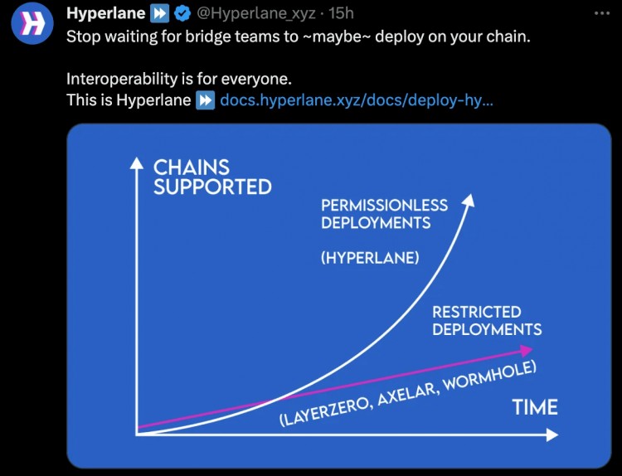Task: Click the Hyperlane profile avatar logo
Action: pos(32,23)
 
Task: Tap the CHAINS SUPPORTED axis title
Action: pos(212,177)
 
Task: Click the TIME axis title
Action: pos(534,407)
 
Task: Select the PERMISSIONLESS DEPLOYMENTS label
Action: pos(384,213)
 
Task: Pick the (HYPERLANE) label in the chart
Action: pos(370,258)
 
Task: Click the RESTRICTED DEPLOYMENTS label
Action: pos(487,320)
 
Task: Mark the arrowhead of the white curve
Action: pos(469,200)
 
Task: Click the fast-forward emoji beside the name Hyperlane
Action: pos(159,13)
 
